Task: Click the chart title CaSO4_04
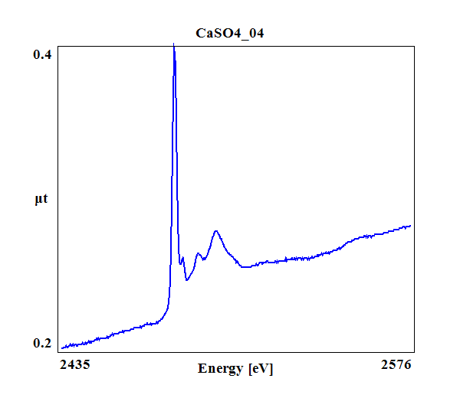(x=231, y=33)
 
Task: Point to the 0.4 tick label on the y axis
(x=42, y=55)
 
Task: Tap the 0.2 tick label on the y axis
(x=42, y=343)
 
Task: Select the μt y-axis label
(x=41, y=200)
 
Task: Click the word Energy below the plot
(x=222, y=369)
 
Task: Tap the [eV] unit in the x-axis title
(x=260, y=369)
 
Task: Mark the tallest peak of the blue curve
(x=174, y=45)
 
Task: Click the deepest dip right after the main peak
(x=187, y=280)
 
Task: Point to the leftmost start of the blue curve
(x=62, y=348)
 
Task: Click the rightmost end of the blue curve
(x=411, y=226)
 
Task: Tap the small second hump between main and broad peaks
(x=198, y=253)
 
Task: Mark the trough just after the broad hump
(x=243, y=267)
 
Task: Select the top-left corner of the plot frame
(x=59, y=44)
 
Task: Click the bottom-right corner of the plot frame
(x=415, y=351)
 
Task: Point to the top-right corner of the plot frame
(x=415, y=44)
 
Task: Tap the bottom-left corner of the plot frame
(x=59, y=351)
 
